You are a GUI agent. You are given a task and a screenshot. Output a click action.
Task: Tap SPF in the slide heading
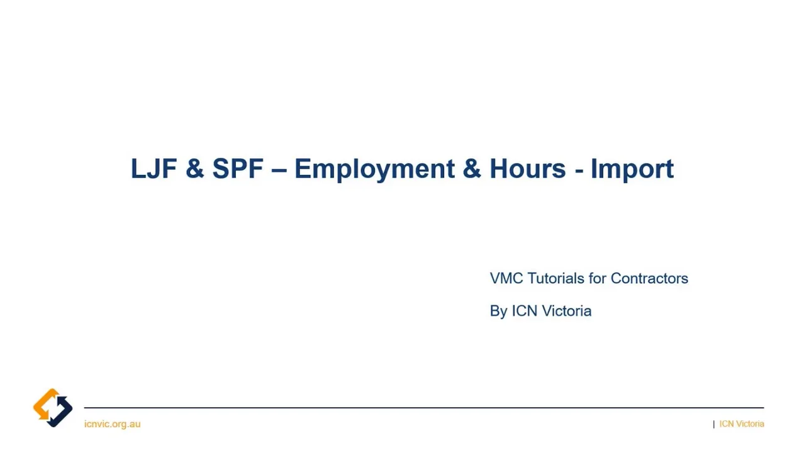click(x=237, y=169)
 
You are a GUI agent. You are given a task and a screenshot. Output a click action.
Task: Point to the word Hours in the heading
click(x=527, y=169)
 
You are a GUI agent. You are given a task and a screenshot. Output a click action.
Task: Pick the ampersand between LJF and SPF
click(x=195, y=169)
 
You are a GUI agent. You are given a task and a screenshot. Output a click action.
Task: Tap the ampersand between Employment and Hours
click(x=471, y=169)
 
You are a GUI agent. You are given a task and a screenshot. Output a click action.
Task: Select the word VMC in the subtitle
click(x=506, y=278)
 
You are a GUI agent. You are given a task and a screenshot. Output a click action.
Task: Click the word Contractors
click(x=649, y=278)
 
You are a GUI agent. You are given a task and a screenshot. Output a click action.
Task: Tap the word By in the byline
click(x=498, y=311)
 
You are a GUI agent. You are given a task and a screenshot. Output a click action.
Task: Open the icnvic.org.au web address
click(x=112, y=424)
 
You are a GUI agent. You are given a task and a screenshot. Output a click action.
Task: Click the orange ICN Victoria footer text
click(x=742, y=424)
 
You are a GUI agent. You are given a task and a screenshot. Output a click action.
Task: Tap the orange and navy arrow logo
click(x=53, y=408)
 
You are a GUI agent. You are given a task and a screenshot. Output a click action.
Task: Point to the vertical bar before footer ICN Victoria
click(x=714, y=424)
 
